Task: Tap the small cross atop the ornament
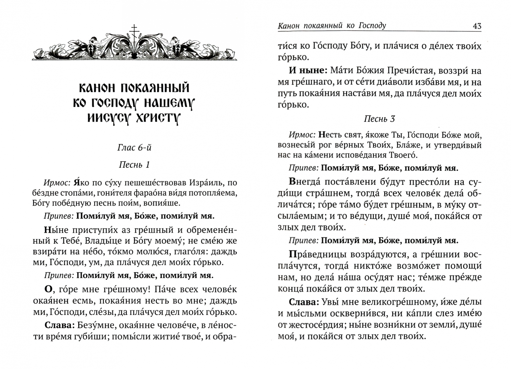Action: point(134,29)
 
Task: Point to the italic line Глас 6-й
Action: point(134,148)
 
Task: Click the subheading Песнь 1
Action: point(134,165)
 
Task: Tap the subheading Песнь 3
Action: point(379,119)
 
